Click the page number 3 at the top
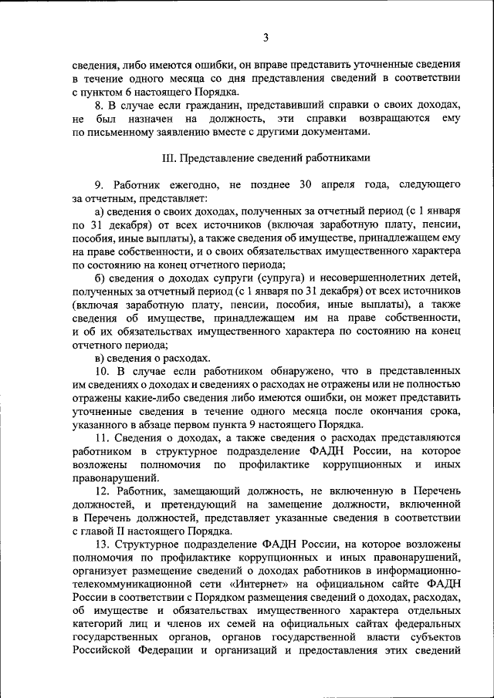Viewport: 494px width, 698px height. coord(266,37)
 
